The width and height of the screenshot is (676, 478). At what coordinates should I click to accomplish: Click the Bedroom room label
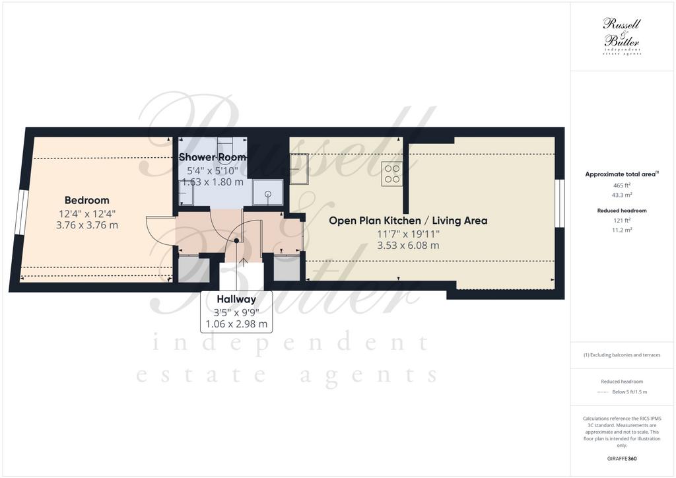(x=86, y=200)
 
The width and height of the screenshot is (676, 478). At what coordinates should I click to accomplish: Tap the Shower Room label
(x=213, y=157)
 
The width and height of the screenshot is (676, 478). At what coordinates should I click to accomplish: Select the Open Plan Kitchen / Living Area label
(x=408, y=221)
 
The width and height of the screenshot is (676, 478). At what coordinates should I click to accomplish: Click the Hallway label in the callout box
(x=236, y=299)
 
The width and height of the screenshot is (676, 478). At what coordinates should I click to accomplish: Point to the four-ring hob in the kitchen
(x=392, y=174)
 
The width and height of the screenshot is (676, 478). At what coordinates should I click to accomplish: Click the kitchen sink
(x=298, y=168)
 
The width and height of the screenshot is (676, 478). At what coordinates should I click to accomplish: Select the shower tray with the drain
(x=268, y=193)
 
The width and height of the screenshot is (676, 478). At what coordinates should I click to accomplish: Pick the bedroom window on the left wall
(x=22, y=213)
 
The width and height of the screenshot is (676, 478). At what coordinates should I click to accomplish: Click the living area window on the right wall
(x=559, y=203)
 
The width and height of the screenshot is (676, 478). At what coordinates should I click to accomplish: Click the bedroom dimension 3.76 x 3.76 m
(x=86, y=225)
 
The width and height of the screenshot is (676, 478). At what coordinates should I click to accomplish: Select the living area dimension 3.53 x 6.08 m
(x=408, y=246)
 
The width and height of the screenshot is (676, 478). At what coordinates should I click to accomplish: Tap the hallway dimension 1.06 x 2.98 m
(x=236, y=324)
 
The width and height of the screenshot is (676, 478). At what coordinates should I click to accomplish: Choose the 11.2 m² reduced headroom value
(x=622, y=230)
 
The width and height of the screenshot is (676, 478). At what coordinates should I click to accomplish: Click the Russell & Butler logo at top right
(x=622, y=36)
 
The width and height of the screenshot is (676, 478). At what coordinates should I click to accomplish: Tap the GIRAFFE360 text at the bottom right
(x=622, y=459)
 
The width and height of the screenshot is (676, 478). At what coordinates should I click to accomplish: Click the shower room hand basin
(x=186, y=193)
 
